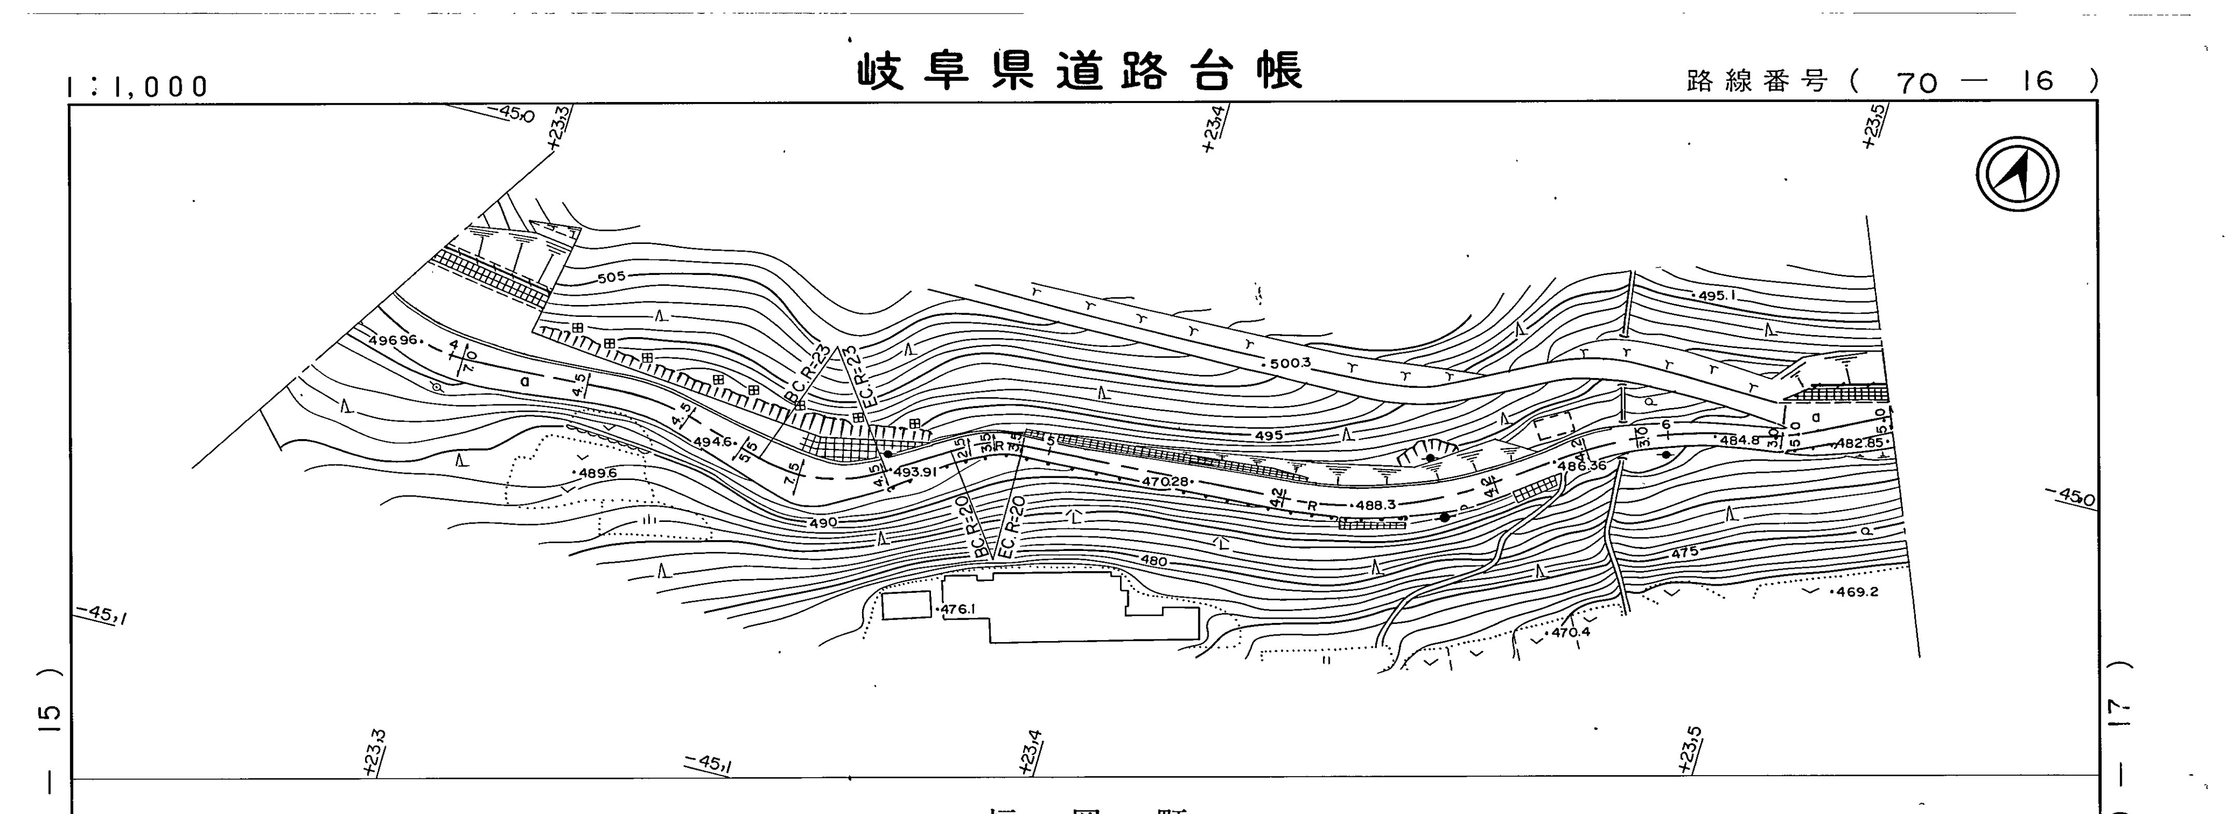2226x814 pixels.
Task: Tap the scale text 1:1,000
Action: [x=138, y=86]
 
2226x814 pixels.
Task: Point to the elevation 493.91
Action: [x=915, y=472]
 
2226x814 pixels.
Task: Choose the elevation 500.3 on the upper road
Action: [x=1291, y=364]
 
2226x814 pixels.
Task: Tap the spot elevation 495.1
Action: [x=1716, y=296]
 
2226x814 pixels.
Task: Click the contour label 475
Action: [x=1684, y=552]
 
